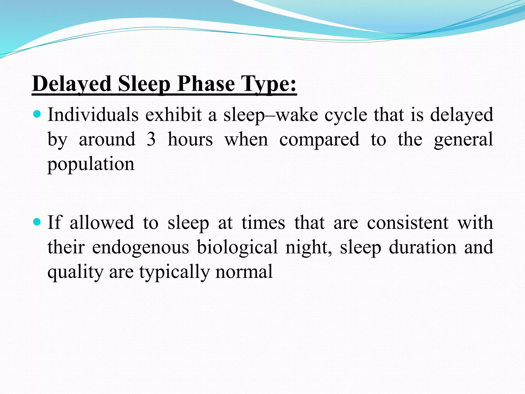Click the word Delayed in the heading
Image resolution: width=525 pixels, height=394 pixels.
tap(72, 84)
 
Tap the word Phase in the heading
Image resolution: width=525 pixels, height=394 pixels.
tap(206, 84)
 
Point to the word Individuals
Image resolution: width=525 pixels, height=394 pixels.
tap(93, 115)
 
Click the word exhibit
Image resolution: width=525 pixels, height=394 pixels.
tap(174, 115)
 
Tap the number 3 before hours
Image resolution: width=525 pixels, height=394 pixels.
tap(151, 139)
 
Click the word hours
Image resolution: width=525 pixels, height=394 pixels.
tap(190, 139)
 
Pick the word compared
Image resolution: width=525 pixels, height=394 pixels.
tap(319, 139)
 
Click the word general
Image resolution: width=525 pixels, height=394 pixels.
tap(463, 139)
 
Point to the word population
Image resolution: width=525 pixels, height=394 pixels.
tap(91, 164)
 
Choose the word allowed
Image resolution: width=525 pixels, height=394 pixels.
tap(102, 222)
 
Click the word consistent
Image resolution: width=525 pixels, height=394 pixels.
tap(408, 222)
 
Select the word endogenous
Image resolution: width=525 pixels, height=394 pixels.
tap(140, 247)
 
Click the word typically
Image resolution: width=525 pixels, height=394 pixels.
tap(174, 272)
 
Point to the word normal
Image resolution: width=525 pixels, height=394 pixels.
tap(244, 272)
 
